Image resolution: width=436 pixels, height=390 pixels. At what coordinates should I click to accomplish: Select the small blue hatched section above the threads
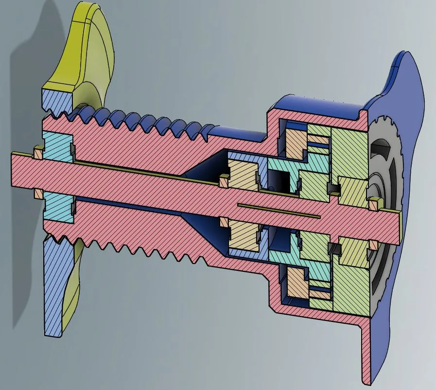(57, 99)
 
